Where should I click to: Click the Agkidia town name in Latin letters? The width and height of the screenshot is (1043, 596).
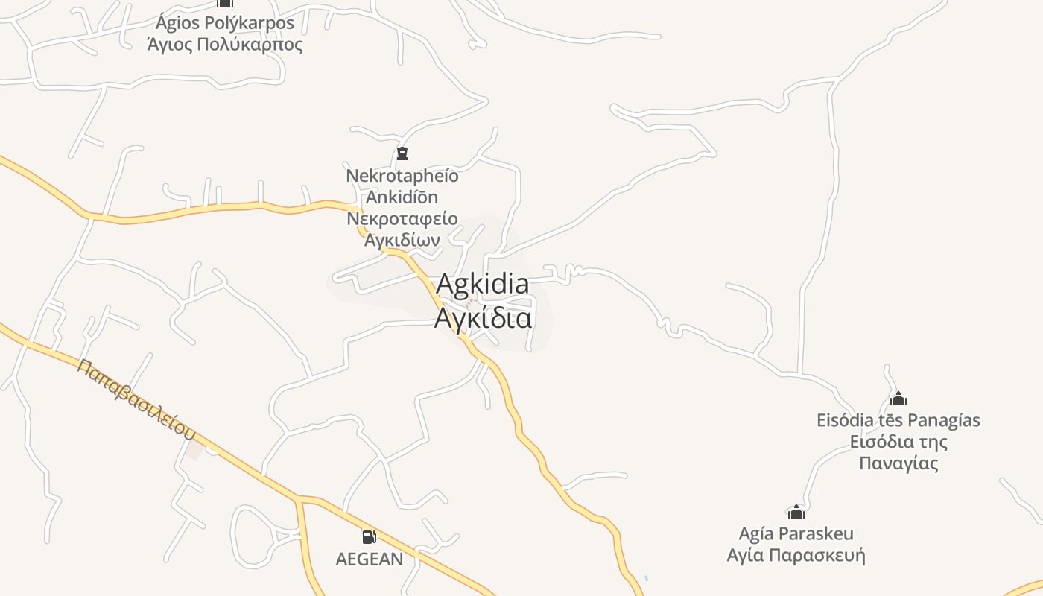click(x=482, y=284)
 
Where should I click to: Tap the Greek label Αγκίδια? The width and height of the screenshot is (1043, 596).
click(x=483, y=318)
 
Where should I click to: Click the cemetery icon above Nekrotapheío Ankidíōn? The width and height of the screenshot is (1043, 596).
click(x=402, y=154)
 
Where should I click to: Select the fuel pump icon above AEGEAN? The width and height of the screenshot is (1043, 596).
click(x=369, y=536)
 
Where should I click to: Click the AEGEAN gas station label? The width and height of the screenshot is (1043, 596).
click(x=370, y=559)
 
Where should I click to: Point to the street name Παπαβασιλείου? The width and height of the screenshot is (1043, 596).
click(x=136, y=399)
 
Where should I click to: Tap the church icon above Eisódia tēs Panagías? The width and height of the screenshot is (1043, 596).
click(x=898, y=399)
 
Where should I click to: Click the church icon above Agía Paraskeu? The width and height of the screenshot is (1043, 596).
click(x=796, y=512)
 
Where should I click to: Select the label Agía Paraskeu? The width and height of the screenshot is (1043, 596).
click(x=796, y=533)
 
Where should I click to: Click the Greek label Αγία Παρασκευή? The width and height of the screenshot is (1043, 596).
click(x=796, y=555)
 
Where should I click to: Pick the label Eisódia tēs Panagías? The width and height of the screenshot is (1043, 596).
click(x=898, y=420)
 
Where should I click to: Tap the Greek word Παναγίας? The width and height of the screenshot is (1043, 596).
click(x=898, y=463)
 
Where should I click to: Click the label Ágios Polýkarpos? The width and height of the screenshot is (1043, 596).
click(x=225, y=23)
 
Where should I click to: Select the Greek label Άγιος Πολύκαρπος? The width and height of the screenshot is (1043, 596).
click(x=225, y=45)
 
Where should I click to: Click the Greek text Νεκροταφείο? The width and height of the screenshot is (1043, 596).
click(x=402, y=219)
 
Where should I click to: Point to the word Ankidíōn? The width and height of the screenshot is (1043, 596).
click(x=402, y=197)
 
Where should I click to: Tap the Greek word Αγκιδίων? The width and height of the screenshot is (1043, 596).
click(x=402, y=240)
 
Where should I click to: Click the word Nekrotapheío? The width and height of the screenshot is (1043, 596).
click(x=402, y=176)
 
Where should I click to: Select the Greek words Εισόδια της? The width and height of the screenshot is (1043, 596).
click(x=898, y=442)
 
